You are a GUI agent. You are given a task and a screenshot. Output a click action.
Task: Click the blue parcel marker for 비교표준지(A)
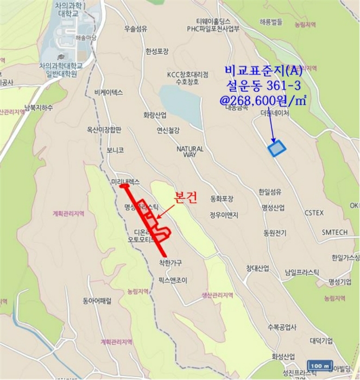[277, 148]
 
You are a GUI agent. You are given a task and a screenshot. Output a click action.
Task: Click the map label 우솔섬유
[136, 29]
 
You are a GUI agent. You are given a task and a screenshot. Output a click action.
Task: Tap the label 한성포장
[157, 52]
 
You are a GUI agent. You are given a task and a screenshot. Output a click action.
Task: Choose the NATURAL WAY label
[190, 151]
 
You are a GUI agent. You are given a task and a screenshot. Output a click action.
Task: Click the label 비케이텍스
[109, 92]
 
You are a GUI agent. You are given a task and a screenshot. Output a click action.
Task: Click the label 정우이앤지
[224, 214]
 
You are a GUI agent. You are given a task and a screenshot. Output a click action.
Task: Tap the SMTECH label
[334, 232]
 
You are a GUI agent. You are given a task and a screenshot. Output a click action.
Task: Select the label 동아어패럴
[97, 300]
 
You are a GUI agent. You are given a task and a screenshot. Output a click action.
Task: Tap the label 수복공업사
[282, 327]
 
